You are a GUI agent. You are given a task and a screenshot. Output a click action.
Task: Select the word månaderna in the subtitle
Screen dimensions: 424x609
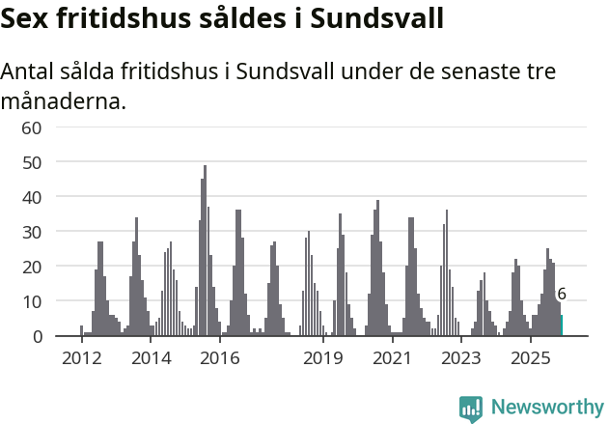pos(64,100)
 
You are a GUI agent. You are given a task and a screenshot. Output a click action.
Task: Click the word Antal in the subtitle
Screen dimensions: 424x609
pos(30,72)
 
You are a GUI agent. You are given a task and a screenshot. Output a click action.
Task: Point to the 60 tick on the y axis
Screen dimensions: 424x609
pos(32,127)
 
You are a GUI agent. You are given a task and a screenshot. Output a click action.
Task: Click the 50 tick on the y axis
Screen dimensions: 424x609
pos(32,162)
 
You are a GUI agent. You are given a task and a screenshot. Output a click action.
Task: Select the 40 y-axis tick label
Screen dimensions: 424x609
pos(32,197)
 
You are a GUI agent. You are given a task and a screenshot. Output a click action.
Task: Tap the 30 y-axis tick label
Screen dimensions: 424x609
pos(32,232)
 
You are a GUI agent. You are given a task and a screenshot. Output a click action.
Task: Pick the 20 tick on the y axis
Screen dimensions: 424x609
pos(32,267)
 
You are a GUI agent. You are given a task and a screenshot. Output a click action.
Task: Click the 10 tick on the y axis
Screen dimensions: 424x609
pos(32,301)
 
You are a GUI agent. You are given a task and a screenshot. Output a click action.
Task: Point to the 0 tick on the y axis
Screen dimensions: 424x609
pos(37,336)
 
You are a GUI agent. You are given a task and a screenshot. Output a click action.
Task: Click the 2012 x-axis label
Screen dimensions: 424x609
pos(81,358)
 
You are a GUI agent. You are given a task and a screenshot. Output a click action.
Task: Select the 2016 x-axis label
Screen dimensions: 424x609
pos(220,358)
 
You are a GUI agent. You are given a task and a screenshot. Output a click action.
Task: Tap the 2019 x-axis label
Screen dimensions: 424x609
pos(323,358)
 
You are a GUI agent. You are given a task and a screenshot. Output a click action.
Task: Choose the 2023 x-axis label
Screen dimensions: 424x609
pos(461,358)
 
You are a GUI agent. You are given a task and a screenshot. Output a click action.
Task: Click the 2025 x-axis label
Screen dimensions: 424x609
pos(530,358)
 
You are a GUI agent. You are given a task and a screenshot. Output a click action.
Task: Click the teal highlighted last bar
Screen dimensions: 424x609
pos(562,325)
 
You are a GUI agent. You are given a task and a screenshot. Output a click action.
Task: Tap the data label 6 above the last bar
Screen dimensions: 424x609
pos(562,295)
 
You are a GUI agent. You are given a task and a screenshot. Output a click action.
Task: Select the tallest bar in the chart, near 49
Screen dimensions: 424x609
pos(205,251)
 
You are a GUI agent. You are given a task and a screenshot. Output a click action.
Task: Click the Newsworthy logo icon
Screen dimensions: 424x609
pos(471,408)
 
